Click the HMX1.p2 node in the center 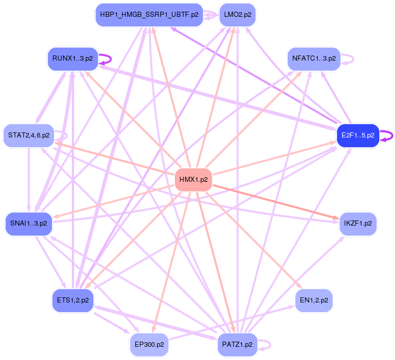coord(193,180)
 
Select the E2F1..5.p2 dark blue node coord(358,135)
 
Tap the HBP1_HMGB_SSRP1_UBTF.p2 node coord(149,15)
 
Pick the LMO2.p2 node coord(237,15)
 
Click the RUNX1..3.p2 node coord(72,59)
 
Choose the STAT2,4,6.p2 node coord(29,135)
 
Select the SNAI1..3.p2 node coord(29,223)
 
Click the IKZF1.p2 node coord(358,223)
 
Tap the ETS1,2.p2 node coord(73,300)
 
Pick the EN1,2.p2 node coord(314,300)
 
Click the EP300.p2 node coord(149,345)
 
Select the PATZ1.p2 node coord(237,345)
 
